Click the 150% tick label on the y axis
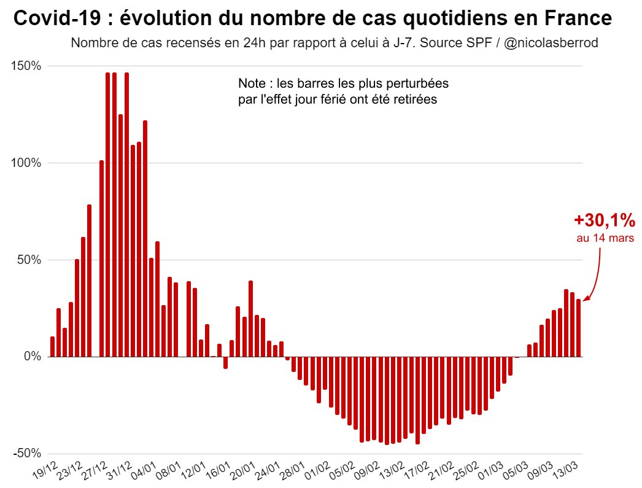(26, 66)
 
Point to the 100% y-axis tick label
(26, 163)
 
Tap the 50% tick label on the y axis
(29, 260)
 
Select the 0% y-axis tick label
(31, 357)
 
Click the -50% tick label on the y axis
(27, 453)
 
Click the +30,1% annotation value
(604, 221)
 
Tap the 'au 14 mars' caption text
(605, 238)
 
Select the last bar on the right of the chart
(579, 328)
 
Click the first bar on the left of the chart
(53, 346)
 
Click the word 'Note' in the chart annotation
(250, 83)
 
